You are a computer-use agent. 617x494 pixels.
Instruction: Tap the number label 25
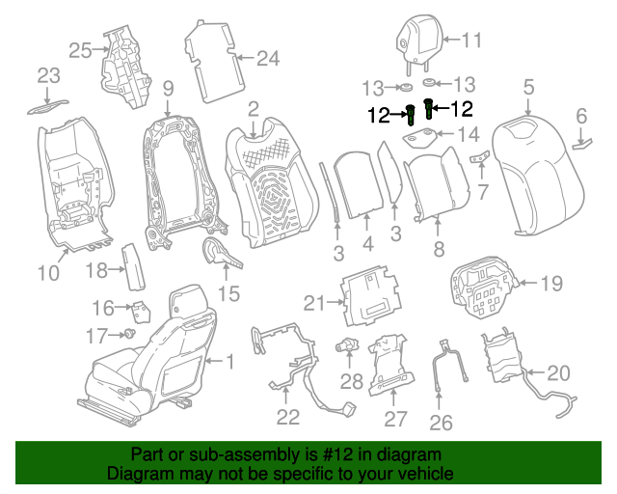point(80,49)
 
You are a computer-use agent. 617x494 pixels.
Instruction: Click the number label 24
point(267,59)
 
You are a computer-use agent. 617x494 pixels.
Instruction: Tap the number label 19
point(550,283)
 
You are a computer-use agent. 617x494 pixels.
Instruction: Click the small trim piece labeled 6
point(584,143)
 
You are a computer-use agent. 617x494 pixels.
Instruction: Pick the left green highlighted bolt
point(411,115)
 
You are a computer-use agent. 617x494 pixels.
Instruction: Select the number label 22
point(287,417)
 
